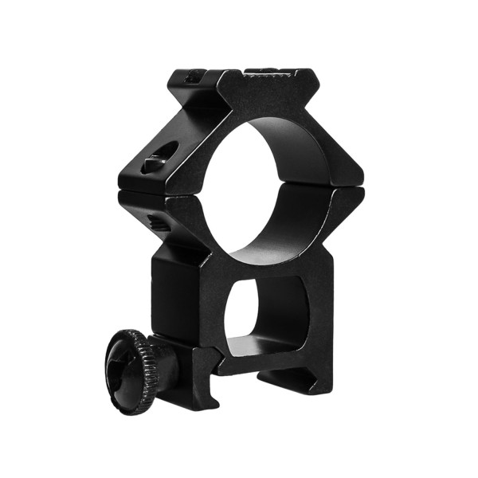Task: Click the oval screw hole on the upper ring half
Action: [155, 163]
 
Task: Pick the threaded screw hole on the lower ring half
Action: [158, 223]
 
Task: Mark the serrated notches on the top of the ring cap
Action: [267, 73]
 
